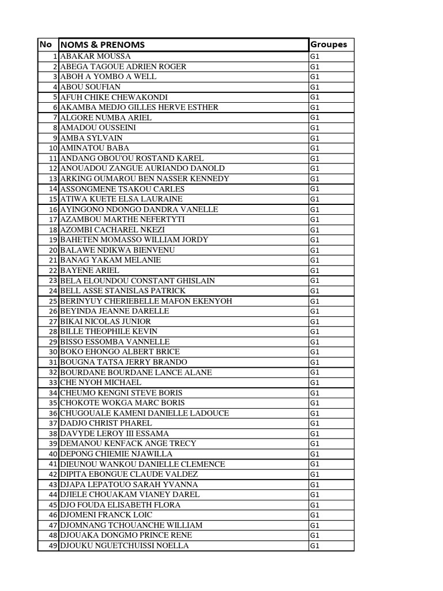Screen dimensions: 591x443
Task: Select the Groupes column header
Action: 329,44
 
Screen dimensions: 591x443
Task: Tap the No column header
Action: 46,44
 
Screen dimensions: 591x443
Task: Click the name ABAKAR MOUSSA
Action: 95,57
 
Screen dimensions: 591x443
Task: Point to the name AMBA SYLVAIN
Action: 91,138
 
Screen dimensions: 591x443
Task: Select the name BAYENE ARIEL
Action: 89,270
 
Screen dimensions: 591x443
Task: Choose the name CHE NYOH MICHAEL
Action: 100,382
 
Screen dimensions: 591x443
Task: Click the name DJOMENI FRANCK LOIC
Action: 107,515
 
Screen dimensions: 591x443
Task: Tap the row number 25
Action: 53,301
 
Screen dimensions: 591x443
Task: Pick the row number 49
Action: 53,545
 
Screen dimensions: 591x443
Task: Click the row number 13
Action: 53,178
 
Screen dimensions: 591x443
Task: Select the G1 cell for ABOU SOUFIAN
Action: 315,87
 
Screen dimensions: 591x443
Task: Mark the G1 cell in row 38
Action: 315,433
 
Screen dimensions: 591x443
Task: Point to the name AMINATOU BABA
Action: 95,148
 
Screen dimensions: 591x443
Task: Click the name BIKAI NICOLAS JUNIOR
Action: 106,321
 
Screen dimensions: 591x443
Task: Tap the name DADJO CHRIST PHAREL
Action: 106,423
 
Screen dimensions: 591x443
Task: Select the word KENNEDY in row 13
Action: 209,178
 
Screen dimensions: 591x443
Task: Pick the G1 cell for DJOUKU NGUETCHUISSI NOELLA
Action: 315,545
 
